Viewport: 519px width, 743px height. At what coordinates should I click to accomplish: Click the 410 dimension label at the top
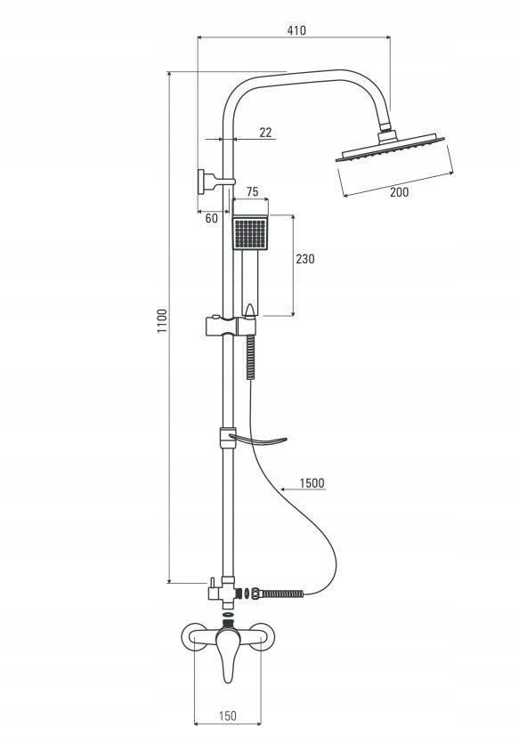296,30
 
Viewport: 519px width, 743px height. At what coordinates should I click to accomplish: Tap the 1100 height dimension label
163,321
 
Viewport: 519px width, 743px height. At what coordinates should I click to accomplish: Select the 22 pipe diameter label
265,133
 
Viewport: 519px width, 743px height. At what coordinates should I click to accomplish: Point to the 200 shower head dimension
399,192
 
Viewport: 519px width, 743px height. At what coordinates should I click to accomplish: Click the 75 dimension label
253,191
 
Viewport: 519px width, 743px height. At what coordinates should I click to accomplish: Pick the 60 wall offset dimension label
211,218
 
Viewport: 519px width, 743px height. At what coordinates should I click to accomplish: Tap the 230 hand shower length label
304,259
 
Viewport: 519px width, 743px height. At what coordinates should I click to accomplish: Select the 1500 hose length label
312,483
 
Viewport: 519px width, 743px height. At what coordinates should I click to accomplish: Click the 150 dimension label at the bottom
228,715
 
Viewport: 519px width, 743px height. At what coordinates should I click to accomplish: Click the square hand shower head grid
250,233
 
